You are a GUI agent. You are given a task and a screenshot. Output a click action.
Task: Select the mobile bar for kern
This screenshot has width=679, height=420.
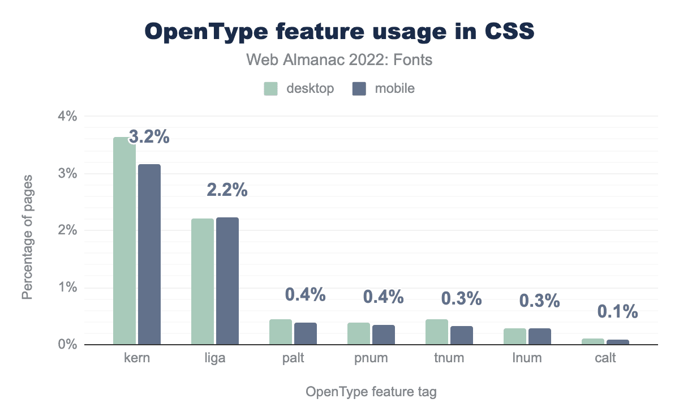pos(149,254)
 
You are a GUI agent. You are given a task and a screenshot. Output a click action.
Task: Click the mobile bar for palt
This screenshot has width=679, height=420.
pos(306,334)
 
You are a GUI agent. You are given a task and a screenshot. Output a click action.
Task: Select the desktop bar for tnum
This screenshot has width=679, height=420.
pos(437,332)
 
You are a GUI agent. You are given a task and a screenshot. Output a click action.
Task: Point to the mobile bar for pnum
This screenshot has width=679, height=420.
pos(384,335)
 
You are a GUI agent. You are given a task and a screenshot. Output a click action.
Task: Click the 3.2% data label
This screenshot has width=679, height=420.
pos(149,137)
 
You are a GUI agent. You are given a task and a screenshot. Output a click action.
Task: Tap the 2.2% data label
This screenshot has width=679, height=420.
pos(227,190)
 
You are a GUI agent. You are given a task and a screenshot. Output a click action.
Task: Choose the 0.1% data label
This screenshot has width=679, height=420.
pos(618,311)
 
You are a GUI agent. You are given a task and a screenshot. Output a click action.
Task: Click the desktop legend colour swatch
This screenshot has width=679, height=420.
pos(270,88)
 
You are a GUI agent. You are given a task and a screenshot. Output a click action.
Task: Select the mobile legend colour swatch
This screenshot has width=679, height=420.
pos(359,88)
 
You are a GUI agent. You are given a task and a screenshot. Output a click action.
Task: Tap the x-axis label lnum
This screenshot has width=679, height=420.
pos(527,358)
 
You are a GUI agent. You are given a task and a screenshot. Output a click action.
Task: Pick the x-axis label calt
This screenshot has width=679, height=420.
pos(605,358)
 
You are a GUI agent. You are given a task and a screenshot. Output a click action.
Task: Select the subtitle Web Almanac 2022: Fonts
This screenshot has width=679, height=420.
pos(339,59)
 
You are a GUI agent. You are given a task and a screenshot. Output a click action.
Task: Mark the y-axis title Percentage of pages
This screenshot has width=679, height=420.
pos(27,238)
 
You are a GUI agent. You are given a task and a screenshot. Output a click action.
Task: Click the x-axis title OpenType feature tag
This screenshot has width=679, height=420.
pos(371,392)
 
